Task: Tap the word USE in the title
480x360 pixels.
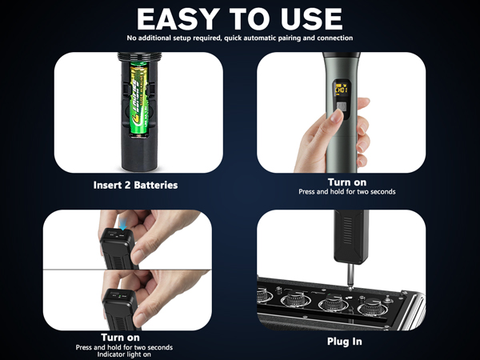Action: pos(310,18)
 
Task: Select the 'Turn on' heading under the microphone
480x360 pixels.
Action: pos(347,182)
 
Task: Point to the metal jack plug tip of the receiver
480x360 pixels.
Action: pos(346,276)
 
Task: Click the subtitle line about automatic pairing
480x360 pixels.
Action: pos(240,38)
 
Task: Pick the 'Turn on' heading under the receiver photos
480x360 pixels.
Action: pos(123,337)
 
